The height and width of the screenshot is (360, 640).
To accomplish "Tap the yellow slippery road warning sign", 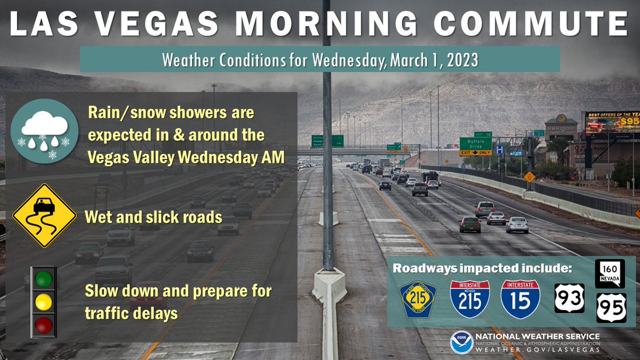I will pos(44,215).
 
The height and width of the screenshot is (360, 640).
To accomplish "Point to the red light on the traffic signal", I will pos(44,324).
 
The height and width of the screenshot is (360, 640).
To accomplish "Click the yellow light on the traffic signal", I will pos(44,302).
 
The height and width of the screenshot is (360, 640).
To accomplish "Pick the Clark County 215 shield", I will pos(418,299).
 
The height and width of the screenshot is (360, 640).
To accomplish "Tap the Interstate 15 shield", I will pos(520,299).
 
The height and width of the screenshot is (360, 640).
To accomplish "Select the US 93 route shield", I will pos(569,298).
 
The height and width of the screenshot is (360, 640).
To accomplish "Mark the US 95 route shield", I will pos(611,308).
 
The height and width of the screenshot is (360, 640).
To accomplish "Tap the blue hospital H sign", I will pos(499,150).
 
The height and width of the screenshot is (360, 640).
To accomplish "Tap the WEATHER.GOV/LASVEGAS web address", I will pos(537,350).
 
